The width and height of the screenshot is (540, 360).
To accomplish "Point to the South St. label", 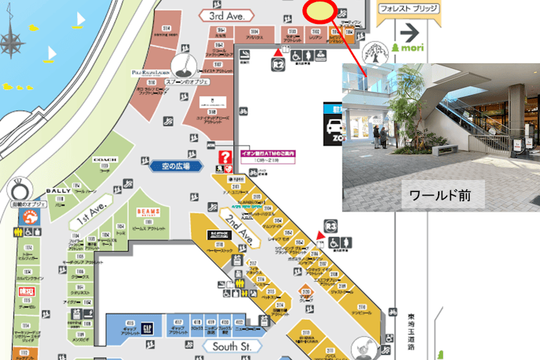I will (x=231, y=347).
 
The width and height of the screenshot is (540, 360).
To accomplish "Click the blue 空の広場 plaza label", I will (x=172, y=166).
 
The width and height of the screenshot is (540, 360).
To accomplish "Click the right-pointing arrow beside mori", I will (x=409, y=32).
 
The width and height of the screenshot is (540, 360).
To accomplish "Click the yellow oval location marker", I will (x=320, y=11).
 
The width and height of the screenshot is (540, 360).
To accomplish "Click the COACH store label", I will (x=104, y=160).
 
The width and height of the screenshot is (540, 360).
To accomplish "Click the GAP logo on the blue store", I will (x=148, y=328).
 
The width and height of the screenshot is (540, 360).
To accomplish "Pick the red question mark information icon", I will (x=226, y=157).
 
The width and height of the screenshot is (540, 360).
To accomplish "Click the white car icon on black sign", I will (x=333, y=127).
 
